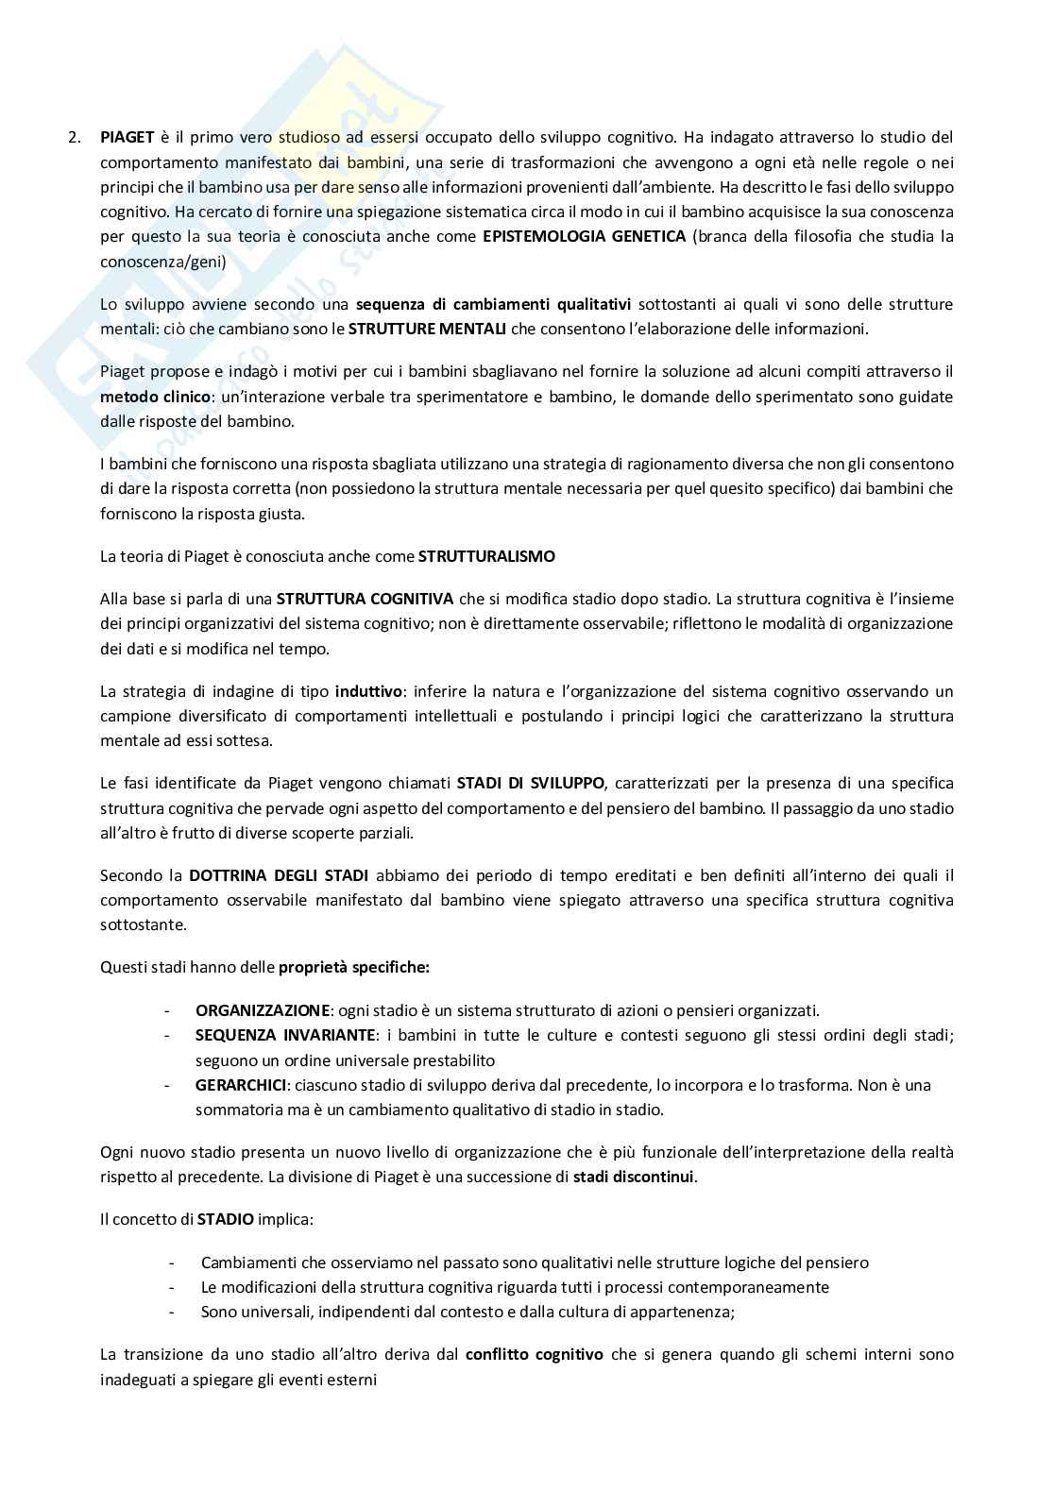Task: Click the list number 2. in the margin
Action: point(75,138)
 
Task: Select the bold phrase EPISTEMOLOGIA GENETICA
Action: point(584,236)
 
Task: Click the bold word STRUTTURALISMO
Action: point(486,556)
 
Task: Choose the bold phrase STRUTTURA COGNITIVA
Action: point(365,599)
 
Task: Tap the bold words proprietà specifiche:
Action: point(354,967)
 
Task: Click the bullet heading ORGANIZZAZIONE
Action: point(263,1010)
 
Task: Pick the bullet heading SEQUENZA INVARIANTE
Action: point(286,1035)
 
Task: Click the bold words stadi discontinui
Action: point(634,1178)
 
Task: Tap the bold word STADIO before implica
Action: point(226,1219)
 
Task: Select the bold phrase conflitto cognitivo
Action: point(534,1354)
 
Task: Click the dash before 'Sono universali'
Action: point(172,1312)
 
